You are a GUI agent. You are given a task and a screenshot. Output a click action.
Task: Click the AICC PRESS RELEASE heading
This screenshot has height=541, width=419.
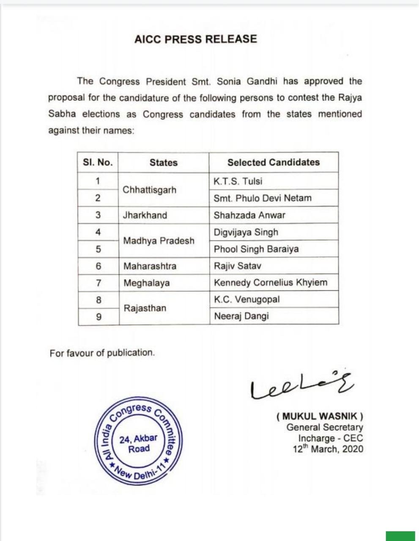(x=195, y=39)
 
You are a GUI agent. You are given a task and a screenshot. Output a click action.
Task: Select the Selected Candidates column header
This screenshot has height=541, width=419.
(x=273, y=162)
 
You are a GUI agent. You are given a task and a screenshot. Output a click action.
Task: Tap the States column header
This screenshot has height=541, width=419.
(x=163, y=163)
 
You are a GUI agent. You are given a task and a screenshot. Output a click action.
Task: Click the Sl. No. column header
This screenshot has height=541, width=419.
(x=98, y=163)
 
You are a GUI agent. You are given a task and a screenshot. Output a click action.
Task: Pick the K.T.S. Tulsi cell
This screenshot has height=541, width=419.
(x=238, y=181)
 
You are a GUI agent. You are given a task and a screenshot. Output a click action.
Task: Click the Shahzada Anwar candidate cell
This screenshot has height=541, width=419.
(x=249, y=215)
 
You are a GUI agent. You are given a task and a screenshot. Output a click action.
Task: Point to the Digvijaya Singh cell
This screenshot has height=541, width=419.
(x=246, y=232)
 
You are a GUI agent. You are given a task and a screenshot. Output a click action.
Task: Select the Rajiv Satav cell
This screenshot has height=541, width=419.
(x=237, y=266)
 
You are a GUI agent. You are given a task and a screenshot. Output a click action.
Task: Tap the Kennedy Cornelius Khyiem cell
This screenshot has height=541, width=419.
(x=270, y=283)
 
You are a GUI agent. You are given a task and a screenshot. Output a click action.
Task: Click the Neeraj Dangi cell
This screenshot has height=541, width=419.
(x=241, y=316)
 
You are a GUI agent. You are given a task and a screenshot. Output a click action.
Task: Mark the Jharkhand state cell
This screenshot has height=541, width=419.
(x=145, y=215)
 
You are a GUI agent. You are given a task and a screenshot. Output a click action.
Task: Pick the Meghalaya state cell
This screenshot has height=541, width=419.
(x=146, y=283)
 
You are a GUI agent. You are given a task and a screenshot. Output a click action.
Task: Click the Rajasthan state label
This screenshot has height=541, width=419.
(x=145, y=308)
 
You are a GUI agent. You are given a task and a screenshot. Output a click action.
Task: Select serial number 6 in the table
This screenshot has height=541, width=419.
(x=98, y=266)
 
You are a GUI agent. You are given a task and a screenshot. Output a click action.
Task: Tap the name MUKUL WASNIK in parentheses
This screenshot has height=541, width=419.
(x=320, y=416)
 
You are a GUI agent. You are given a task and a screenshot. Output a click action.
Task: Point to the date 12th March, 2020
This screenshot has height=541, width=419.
(x=328, y=449)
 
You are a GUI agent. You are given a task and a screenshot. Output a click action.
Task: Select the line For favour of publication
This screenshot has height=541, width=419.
(x=102, y=353)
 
